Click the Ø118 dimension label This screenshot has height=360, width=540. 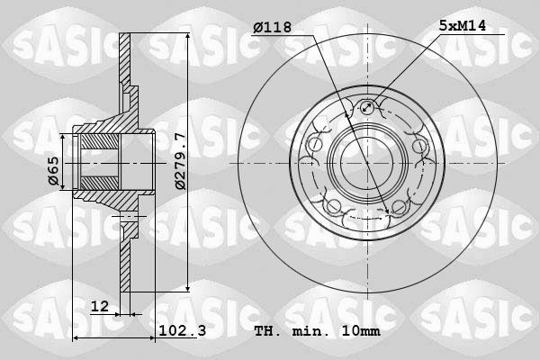pyautogui.click(x=272, y=27)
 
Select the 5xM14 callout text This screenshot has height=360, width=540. pyautogui.click(x=463, y=25)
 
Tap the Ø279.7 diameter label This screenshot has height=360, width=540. pyautogui.click(x=180, y=161)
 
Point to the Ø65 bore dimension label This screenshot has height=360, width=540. pyautogui.click(x=54, y=171)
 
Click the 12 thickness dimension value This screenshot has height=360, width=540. pyautogui.click(x=100, y=306)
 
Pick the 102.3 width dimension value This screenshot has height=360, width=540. pyautogui.click(x=182, y=330)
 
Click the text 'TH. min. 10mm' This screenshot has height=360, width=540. pyautogui.click(x=317, y=331)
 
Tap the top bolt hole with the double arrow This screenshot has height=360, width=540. pyautogui.click(x=367, y=107)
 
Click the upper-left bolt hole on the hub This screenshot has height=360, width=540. pyautogui.click(x=315, y=145)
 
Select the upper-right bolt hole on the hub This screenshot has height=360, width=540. pyautogui.click(x=419, y=146)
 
